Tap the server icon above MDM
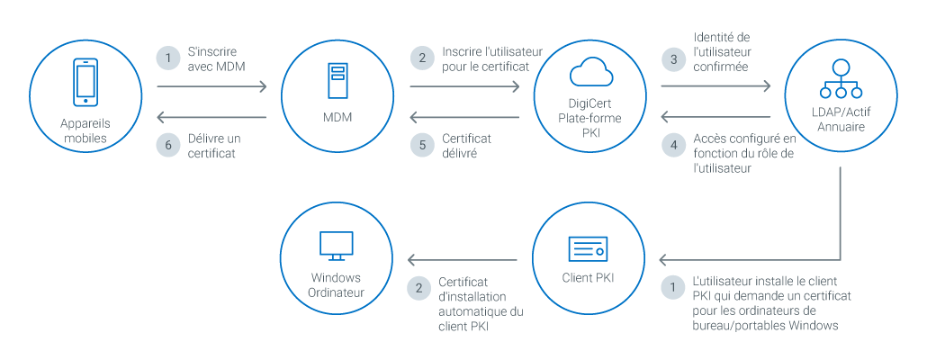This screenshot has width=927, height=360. [337, 80]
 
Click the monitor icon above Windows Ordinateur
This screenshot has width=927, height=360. [336, 243]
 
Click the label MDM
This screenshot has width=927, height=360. [337, 117]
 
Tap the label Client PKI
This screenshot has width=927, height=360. [589, 277]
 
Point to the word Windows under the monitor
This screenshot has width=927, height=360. [336, 277]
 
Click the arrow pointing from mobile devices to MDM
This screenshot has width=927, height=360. [212, 87]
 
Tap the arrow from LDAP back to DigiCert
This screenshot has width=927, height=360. [716, 117]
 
